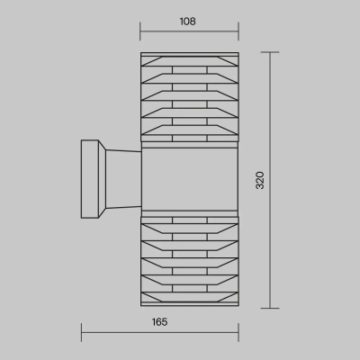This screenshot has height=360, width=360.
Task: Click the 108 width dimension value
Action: coord(188,22)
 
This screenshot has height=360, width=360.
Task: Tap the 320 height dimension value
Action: coord(260,180)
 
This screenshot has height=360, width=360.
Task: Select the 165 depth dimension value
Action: coord(159,322)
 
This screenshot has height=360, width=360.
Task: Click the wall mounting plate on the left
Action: coord(90,179)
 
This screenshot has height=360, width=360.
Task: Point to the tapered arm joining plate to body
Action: coord(123,179)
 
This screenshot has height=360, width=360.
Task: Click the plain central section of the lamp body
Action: coord(190,179)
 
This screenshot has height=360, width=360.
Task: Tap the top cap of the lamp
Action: coord(190,54)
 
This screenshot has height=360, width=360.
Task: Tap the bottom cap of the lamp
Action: coord(190,304)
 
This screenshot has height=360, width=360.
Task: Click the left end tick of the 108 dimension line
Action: coord(140,31)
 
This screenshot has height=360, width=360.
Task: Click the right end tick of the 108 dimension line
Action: coord(238,31)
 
